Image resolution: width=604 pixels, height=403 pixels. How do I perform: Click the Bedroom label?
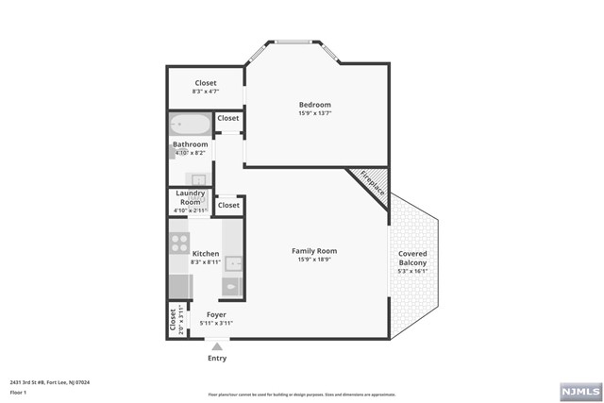pos(314,104)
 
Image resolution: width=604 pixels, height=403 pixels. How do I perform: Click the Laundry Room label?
pos(191,197)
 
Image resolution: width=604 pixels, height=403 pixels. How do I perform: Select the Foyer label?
pos(216,314)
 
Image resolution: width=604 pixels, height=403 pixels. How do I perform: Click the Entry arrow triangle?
pos(216,347)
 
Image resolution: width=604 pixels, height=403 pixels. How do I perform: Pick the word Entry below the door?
pos(216,359)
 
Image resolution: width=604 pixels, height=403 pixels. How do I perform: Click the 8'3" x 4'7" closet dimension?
pos(205,92)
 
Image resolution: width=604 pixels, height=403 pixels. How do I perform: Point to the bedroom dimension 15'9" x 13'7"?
pos(314,113)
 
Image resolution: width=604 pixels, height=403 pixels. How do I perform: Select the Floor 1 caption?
pos(17,393)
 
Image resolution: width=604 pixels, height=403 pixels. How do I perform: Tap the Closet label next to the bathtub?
pos(228,119)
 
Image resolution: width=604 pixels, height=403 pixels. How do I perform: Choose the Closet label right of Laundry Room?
pos(228,205)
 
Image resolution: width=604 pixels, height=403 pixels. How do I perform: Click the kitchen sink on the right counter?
pos(233,263)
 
